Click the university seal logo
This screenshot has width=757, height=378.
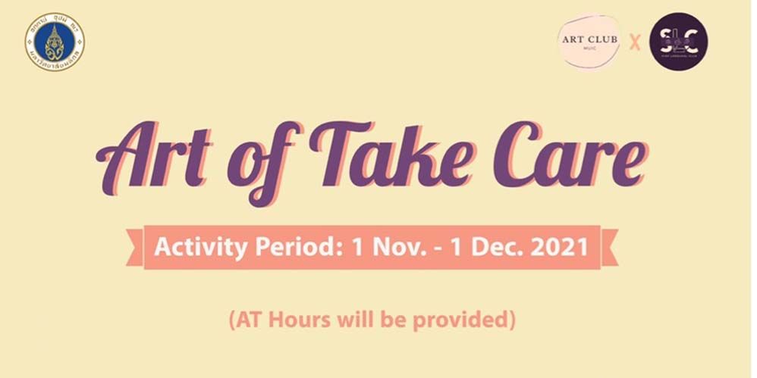pos(55,42)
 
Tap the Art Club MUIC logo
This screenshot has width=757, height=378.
pos(589,42)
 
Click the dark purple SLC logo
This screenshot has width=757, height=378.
pos(678,42)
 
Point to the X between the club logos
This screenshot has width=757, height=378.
pos(635,42)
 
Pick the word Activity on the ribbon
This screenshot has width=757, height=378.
pos(190,247)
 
